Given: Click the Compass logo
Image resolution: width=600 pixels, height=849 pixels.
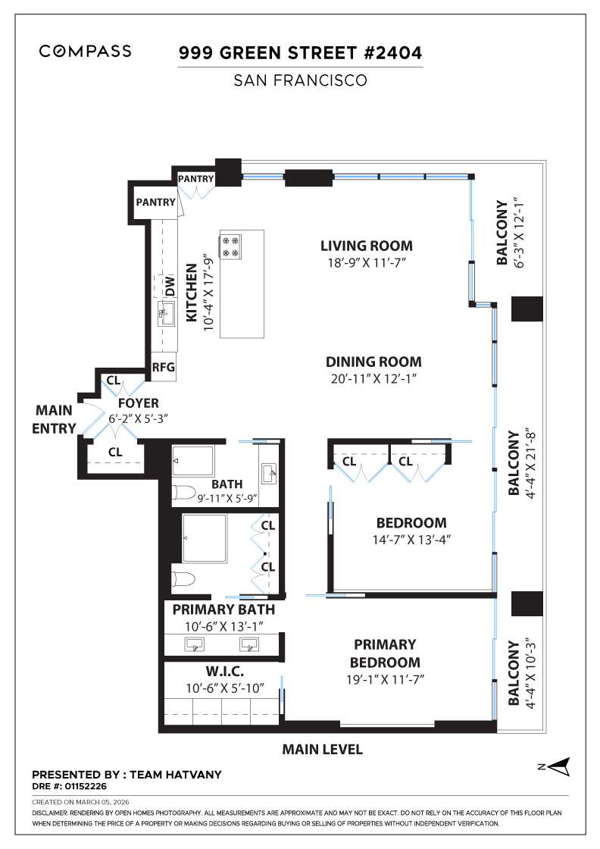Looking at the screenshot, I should [x=85, y=52].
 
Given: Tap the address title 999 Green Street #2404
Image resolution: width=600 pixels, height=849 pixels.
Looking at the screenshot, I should [x=300, y=53].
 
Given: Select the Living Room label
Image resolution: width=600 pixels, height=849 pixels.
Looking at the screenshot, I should [x=367, y=246].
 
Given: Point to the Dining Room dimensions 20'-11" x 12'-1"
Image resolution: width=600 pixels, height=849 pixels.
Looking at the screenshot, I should [x=373, y=377].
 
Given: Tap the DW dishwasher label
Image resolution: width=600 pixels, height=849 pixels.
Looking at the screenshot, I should [x=170, y=286].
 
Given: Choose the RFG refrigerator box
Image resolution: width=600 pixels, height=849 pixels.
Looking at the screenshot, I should [x=164, y=368].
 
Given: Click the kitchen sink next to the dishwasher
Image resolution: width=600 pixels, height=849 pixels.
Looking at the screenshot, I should [x=164, y=315].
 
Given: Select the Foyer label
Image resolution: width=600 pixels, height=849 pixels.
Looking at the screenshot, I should [x=138, y=403].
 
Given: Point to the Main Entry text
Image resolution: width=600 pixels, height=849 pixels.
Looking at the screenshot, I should [x=55, y=419].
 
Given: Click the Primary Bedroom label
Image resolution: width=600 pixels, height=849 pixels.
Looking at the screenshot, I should [x=385, y=653].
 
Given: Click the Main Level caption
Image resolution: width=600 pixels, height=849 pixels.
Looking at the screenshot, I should [x=322, y=750].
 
